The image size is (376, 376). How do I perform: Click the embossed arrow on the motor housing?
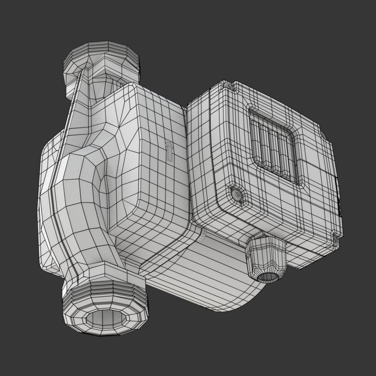169,151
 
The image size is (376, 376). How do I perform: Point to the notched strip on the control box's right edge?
339,197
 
